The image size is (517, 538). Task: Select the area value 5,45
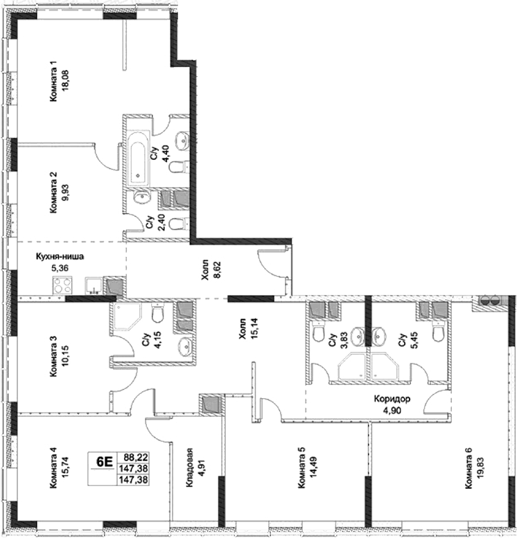click(414, 340)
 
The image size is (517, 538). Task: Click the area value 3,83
click(344, 340)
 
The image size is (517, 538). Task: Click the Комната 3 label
click(53, 356)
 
